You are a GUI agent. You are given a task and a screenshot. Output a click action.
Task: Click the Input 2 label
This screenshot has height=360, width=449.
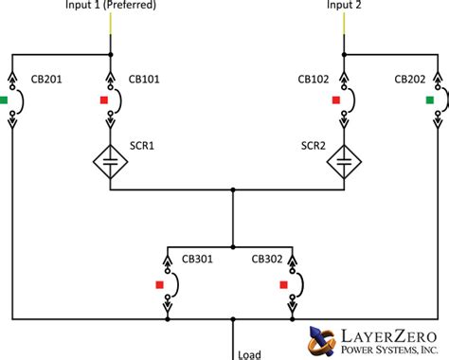point(342,6)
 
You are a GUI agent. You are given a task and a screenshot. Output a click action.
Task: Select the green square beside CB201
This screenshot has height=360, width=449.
point(5,99)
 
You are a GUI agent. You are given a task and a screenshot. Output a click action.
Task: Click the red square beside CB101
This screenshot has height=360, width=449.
point(103,99)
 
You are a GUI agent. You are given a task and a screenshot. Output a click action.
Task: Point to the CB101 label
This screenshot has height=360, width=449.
point(146,79)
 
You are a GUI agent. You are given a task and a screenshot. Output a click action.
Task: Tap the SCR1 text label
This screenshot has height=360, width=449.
point(142,147)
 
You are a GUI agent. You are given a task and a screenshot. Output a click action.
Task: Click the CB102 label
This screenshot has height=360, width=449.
point(314,79)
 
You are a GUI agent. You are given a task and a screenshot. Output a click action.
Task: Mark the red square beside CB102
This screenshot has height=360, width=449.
point(334,99)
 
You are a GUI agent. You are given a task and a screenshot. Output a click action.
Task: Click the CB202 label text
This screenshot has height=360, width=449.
point(411,79)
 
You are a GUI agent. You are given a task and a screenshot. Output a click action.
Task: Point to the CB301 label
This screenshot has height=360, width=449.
point(201,260)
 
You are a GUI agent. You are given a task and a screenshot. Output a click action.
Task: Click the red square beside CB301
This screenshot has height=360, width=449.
point(161,282)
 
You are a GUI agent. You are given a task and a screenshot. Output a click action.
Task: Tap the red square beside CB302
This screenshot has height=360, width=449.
point(283,282)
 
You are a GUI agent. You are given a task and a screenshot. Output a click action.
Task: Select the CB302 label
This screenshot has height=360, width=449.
point(268,260)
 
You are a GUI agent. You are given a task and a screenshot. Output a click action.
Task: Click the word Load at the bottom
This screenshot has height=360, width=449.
point(249,354)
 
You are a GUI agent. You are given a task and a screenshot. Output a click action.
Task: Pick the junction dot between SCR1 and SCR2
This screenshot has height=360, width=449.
point(232,189)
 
